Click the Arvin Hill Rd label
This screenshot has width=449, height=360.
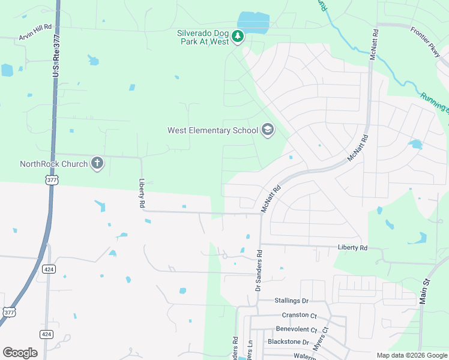click(x=35, y=36)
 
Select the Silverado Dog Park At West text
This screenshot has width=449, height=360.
click(x=203, y=37)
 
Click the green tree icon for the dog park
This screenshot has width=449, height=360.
click(x=238, y=37)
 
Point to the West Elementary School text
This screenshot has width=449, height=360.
click(x=212, y=130)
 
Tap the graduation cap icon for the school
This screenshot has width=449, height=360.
click(x=267, y=130)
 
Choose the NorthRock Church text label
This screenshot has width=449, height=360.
click(x=54, y=163)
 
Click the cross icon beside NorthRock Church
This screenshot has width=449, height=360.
click(x=97, y=163)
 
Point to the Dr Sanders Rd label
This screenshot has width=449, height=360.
click(x=259, y=271)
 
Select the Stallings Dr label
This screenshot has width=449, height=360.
click(x=291, y=301)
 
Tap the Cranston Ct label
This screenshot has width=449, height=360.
click(x=299, y=315)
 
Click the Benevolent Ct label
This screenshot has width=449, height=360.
click(x=296, y=329)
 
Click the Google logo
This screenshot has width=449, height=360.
click(x=20, y=352)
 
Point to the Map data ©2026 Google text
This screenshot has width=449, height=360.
click(x=411, y=355)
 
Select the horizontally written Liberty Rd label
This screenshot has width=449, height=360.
click(x=352, y=247)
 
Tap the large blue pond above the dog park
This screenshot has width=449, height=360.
click(x=253, y=23)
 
